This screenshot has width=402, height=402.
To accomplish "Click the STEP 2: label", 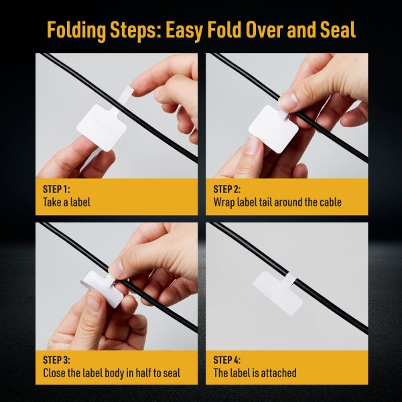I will [x=227, y=190].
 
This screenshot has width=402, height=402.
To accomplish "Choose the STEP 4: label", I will [x=227, y=360].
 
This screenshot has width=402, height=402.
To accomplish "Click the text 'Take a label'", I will [x=66, y=202].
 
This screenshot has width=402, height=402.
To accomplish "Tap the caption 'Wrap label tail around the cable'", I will [x=277, y=202].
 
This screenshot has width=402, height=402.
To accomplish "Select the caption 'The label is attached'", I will [x=255, y=373].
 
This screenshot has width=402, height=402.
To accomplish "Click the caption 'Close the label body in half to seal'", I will [x=111, y=373].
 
